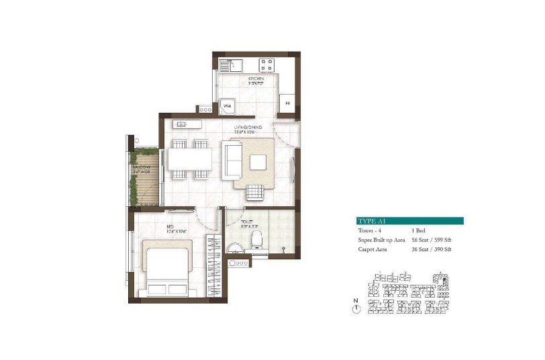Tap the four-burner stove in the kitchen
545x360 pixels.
pyautogui.click(x=266, y=66)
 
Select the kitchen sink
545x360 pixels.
pyautogui.click(x=232, y=66)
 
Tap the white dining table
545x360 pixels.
pyautogui.click(x=190, y=159)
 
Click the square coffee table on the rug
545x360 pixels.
pyautogui.click(x=258, y=161)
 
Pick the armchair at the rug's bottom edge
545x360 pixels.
pyautogui.click(x=254, y=193)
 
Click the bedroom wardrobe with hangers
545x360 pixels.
pyautogui.click(x=213, y=267)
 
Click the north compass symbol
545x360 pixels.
pyautogui.click(x=357, y=308)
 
